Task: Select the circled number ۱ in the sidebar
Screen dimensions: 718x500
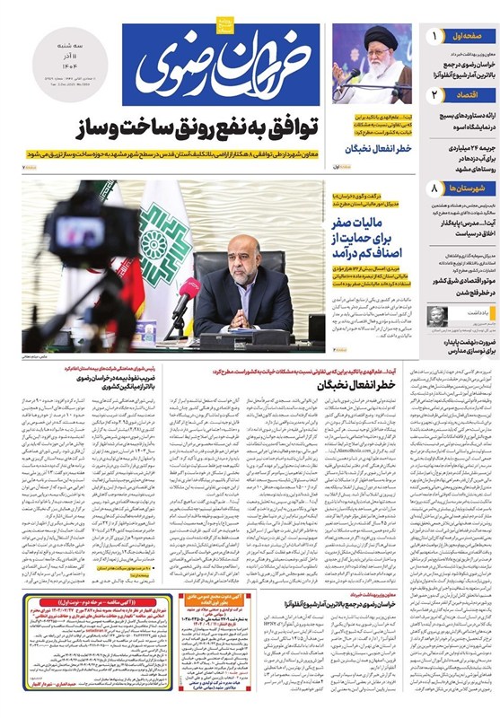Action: click(434, 37)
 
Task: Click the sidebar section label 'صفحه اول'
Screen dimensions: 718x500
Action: click(468, 37)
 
